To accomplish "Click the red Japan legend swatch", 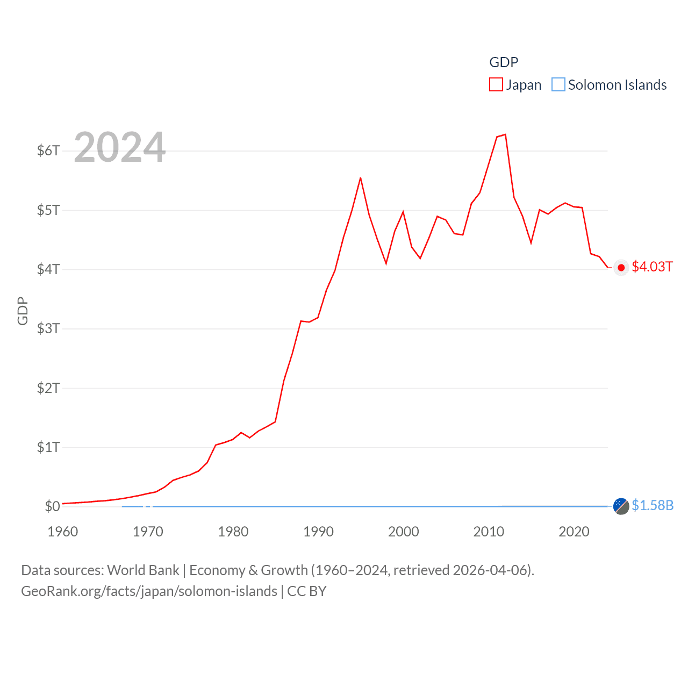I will [x=496, y=85].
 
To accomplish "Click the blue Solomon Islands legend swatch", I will [x=558, y=85].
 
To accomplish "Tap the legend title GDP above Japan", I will [x=504, y=62].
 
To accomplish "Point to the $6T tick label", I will [x=48, y=150].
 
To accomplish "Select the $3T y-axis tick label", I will [x=48, y=328].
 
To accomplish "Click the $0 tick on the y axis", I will [x=52, y=506].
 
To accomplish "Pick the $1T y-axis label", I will [x=48, y=447].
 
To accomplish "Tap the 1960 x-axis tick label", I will [x=63, y=532].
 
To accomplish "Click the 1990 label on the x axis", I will [x=318, y=532].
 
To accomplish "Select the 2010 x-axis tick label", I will [x=489, y=532].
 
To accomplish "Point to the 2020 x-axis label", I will [x=574, y=532].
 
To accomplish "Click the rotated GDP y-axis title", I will [x=23, y=311].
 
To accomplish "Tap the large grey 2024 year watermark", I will [x=119, y=147].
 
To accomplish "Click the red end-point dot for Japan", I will [x=621, y=267].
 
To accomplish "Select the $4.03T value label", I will [x=652, y=267].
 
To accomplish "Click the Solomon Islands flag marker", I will [x=621, y=506].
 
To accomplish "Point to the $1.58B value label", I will [x=653, y=506].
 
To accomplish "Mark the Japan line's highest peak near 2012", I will [x=505, y=134].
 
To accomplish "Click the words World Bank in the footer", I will [x=144, y=570].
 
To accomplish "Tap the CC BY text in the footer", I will [x=307, y=591].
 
